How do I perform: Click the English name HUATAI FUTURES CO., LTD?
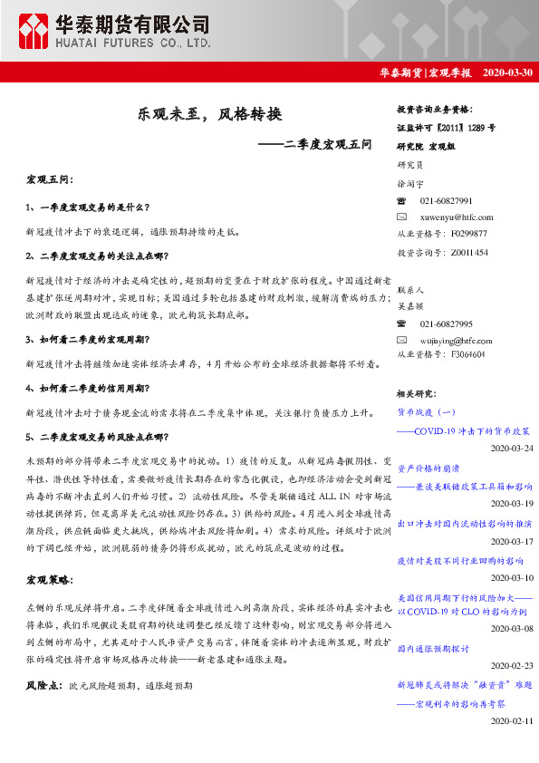(x=135, y=42)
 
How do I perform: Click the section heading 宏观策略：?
(x=50, y=579)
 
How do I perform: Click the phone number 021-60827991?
(x=447, y=199)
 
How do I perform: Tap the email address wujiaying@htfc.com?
(x=458, y=339)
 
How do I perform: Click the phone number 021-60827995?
(x=447, y=323)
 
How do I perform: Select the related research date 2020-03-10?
(x=511, y=576)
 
